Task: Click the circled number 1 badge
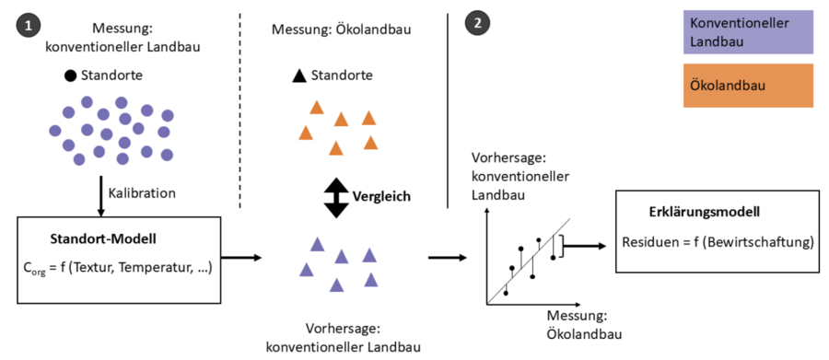point(26,25)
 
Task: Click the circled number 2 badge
point(476,25)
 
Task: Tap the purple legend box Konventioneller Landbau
point(748,32)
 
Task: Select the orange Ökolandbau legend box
point(748,87)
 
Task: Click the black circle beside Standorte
point(69,75)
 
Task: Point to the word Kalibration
point(142,193)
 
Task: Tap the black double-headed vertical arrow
point(337,197)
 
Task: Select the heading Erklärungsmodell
point(705,213)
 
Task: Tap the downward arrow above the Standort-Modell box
point(97,195)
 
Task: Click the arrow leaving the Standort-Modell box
point(238,259)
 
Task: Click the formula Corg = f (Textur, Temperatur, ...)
point(118,270)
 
